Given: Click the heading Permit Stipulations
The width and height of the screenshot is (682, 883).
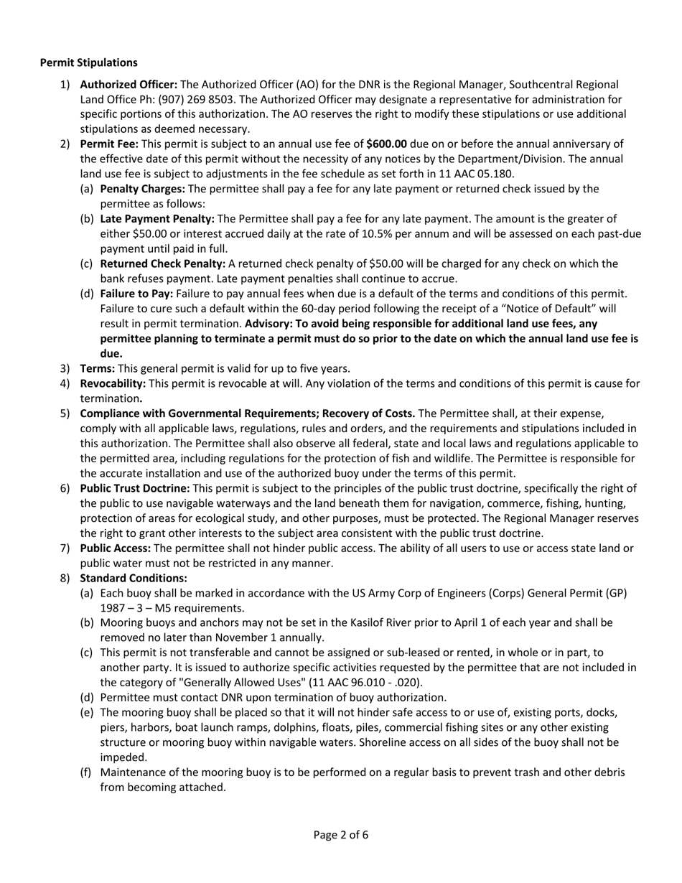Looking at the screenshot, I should [x=88, y=63].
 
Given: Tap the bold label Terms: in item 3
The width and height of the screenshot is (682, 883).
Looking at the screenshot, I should [x=97, y=369].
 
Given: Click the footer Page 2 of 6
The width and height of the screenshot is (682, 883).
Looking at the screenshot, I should [x=341, y=835].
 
